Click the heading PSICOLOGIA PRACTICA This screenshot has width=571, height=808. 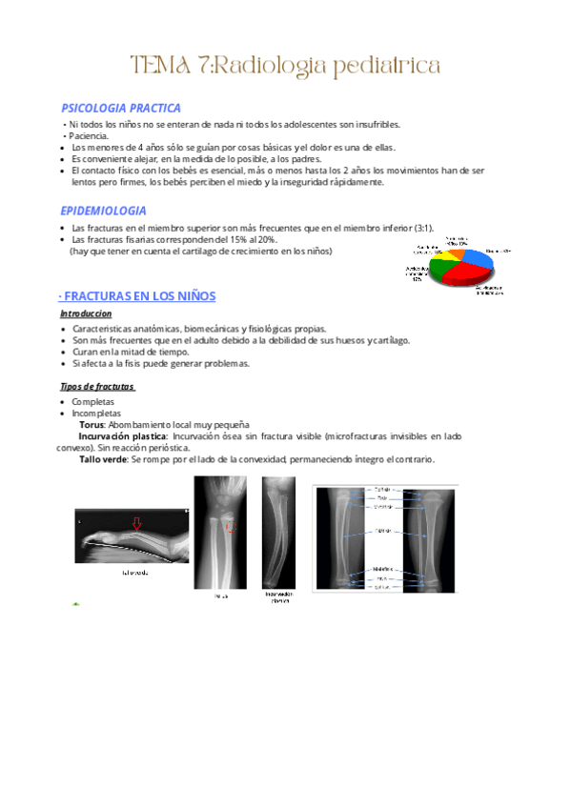120,109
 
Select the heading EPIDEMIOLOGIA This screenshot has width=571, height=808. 103,211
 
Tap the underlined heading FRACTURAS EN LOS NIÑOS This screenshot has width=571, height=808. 140,295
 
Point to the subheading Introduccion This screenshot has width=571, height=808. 86,313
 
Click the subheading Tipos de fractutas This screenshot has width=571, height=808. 97,386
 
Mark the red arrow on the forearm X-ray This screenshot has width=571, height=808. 136,522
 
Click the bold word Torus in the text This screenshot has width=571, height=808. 92,424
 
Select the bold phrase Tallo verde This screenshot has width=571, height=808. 103,459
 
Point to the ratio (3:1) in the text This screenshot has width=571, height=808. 421,229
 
